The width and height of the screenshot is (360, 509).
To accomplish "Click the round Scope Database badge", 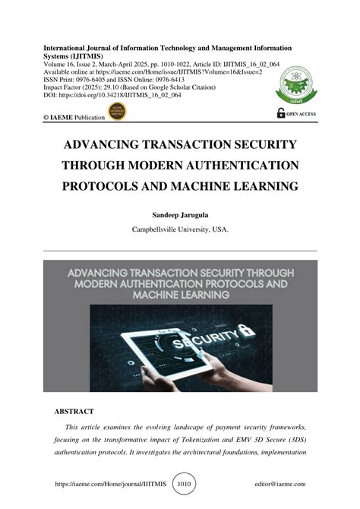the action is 118,113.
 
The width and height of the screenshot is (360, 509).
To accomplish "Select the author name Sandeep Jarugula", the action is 180,216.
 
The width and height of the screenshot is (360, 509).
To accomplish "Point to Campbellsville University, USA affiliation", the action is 180,229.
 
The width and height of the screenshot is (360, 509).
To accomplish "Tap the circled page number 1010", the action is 185,483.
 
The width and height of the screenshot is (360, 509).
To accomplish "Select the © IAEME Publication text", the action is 75,118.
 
